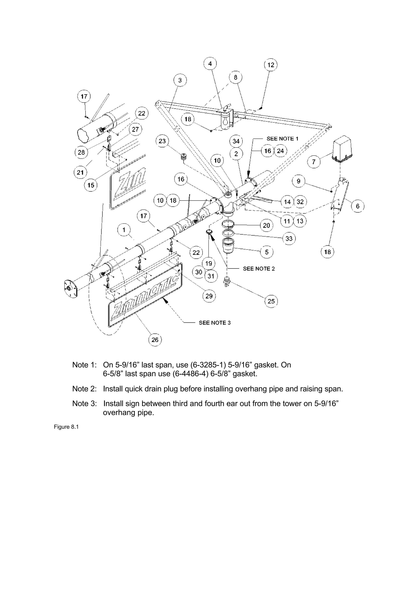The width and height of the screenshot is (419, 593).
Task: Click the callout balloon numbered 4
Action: pyautogui.click(x=210, y=63)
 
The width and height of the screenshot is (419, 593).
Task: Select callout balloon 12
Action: pyautogui.click(x=270, y=65)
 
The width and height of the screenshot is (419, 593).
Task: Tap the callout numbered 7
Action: pyautogui.click(x=314, y=162)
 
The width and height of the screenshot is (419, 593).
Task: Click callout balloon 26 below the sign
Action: pyautogui.click(x=155, y=340)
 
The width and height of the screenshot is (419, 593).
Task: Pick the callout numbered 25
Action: pyautogui.click(x=271, y=301)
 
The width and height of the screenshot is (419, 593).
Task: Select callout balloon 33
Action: pyautogui.click(x=289, y=238)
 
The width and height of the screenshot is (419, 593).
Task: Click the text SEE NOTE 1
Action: pyautogui.click(x=282, y=139)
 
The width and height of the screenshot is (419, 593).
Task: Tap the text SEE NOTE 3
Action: pyautogui.click(x=215, y=322)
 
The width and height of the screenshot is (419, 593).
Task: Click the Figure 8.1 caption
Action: pyautogui.click(x=66, y=427)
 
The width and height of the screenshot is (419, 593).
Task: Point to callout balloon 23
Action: pyautogui.click(x=162, y=141)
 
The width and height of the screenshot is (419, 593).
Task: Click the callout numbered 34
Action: pyautogui.click(x=236, y=141)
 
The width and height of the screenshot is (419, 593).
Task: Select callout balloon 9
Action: pyautogui.click(x=298, y=181)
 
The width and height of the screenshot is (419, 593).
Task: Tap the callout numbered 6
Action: pyautogui.click(x=358, y=206)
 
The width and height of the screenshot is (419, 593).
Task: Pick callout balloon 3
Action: pyautogui.click(x=180, y=80)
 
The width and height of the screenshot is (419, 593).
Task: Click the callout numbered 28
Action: pyautogui.click(x=81, y=152)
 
